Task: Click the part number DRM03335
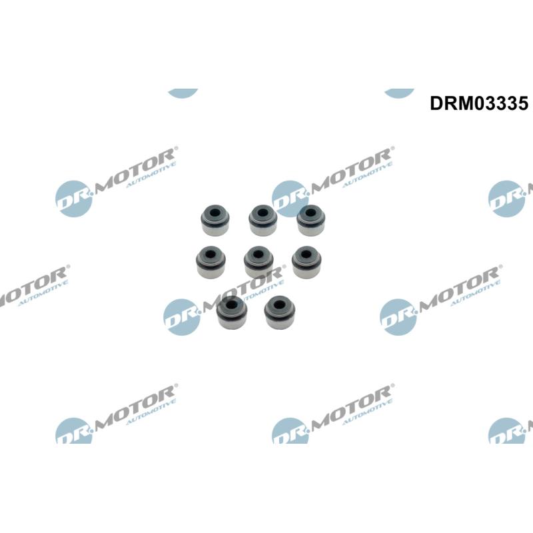pos(479,103)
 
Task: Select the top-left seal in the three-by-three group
pos(215,220)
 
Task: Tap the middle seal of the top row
pos(263,220)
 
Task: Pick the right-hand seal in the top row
pos(310,220)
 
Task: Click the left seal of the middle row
pos(211,262)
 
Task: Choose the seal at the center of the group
pos(259,262)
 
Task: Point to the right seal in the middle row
pos(306,261)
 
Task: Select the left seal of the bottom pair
pos(232,312)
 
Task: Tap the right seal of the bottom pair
pos(280,312)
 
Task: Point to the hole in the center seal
pos(258,255)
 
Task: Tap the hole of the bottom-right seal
pos(280,304)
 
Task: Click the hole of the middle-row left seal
pos(211,255)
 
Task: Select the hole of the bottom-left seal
pos(232,304)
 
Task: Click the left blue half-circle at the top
pos(183,93)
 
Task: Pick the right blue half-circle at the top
pos(399,93)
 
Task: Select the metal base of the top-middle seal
pos(263,229)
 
